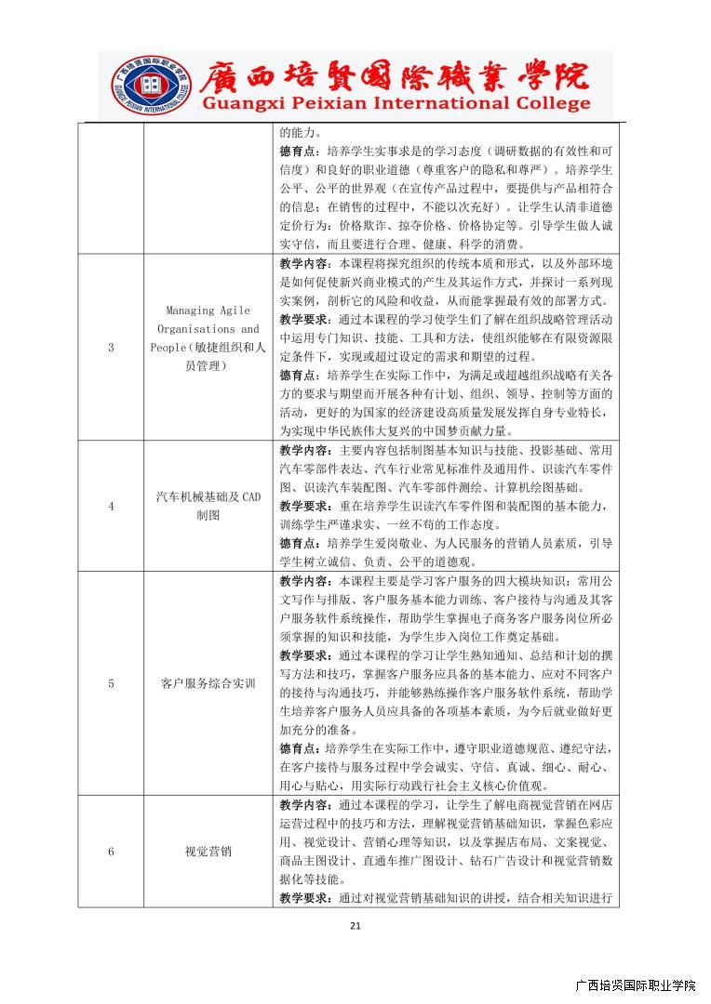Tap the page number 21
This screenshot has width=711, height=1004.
click(355, 925)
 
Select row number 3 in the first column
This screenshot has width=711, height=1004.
click(111, 348)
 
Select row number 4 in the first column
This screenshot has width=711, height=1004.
click(111, 506)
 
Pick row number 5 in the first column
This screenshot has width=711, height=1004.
click(111, 683)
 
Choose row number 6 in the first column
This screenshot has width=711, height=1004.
click(111, 851)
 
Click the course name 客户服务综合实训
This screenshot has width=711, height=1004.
click(208, 683)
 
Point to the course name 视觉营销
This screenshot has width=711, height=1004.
click(208, 851)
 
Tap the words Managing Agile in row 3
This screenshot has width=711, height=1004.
click(208, 310)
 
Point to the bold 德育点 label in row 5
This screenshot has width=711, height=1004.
click(297, 748)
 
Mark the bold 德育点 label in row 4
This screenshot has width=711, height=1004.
click(297, 543)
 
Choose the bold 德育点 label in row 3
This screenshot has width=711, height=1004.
click(297, 375)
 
